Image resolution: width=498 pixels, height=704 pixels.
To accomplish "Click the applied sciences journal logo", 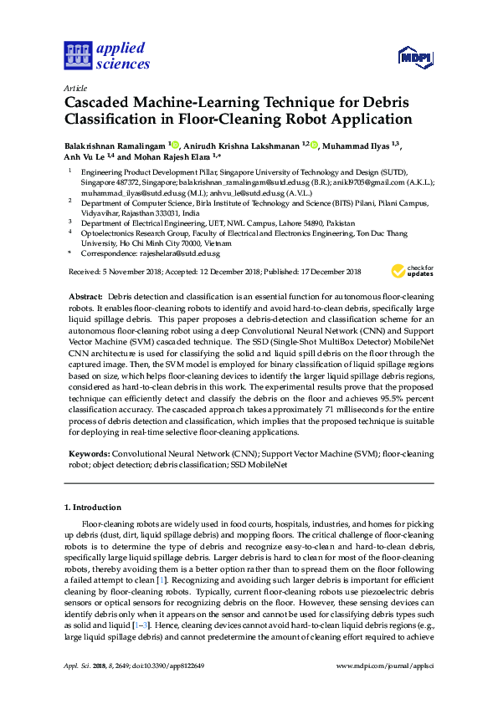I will coord(106,55).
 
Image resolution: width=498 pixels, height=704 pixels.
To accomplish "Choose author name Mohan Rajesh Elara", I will coord(175,156).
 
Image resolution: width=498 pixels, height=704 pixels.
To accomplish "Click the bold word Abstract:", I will coord(85,298).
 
